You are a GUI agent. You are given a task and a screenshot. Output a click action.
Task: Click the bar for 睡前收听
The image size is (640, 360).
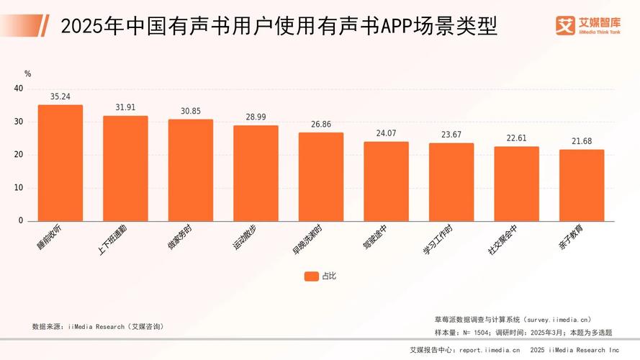coord(60,163)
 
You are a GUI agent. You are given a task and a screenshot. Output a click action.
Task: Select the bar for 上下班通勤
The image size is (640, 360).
coord(125,168)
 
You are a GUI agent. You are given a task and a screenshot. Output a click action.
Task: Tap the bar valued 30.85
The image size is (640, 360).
coord(191,170)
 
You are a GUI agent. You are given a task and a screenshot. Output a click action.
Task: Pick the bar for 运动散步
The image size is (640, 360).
coord(256,173)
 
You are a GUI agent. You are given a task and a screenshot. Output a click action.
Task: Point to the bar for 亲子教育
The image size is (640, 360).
coord(582,185)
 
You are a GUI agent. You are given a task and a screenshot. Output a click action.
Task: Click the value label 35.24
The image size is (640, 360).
coord(60,96)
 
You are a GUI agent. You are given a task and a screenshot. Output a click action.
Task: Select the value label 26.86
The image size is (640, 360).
coord(321,124)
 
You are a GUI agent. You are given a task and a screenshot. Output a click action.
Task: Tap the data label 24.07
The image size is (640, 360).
coord(386,133)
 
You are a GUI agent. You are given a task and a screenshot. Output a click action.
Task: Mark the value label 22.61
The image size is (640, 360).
coord(516,138)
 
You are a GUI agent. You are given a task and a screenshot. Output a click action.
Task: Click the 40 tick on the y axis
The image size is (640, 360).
coord(19,89)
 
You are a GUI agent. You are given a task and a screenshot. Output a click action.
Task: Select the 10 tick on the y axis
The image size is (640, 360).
coord(19,188)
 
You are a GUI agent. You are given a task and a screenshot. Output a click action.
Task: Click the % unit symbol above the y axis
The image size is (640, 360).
coord(27,73)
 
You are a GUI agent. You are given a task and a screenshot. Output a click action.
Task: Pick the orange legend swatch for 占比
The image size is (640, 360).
coord(311,276)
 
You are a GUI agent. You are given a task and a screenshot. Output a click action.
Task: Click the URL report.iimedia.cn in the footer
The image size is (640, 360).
coord(490,351)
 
